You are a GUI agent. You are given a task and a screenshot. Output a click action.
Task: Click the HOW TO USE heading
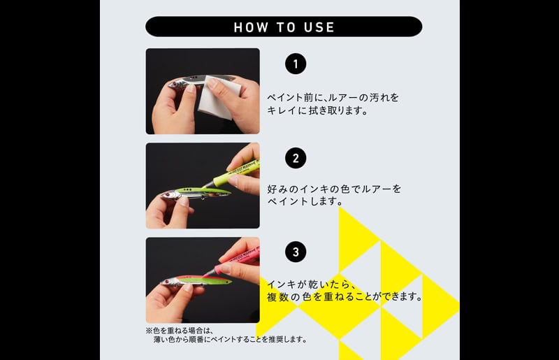click(284, 27)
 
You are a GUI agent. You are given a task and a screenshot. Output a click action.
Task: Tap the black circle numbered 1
click(296, 64)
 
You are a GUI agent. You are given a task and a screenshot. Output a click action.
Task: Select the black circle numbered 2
click(296, 158)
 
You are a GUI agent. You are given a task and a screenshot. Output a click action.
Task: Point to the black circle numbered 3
click(296, 252)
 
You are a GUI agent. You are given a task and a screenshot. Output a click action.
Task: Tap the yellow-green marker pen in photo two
click(232, 175)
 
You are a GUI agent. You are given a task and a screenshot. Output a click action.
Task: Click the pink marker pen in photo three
click(233, 262)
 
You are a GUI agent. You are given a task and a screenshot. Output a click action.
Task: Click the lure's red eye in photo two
click(165, 195)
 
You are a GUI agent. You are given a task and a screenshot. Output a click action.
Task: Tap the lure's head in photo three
click(168, 282)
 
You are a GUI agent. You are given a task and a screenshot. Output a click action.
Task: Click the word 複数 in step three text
click(277, 296)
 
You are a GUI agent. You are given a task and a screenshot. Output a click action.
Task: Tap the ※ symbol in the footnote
click(149, 331)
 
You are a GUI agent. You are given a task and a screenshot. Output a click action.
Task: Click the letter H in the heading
click(238, 27)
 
